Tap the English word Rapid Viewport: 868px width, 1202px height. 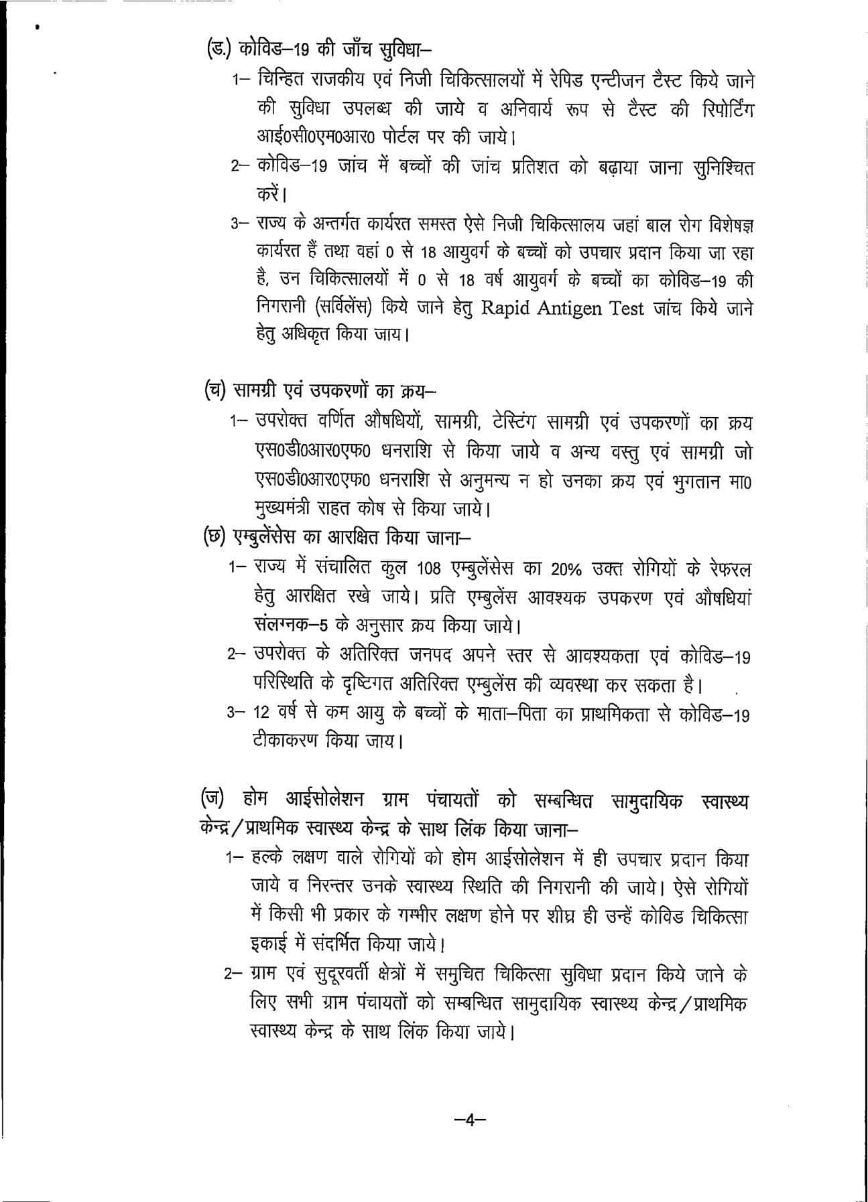pos(511,308)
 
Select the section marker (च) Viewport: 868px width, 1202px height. pos(214,391)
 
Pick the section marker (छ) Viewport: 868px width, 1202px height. pos(214,538)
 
